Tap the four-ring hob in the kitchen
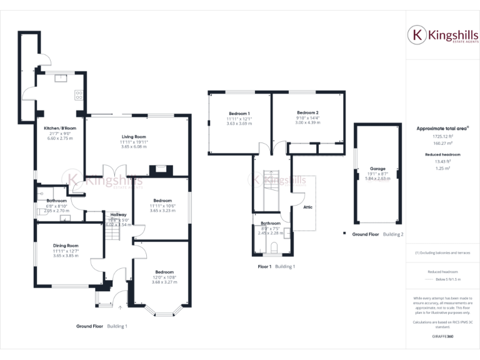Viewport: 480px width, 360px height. coord(79,95)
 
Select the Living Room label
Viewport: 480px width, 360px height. coord(133,136)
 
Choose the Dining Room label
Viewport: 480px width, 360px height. coord(66,246)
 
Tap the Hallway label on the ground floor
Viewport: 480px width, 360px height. coord(119,214)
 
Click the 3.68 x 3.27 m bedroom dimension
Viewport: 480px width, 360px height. coord(164,282)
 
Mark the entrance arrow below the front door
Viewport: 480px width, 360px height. coord(119,306)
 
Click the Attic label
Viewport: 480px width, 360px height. coord(307,207)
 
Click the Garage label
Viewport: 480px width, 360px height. coord(377,168)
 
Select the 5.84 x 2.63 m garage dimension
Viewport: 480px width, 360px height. coord(377,178)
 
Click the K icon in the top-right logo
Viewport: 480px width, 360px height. coord(416,36)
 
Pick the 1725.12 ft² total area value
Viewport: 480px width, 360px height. coord(442,136)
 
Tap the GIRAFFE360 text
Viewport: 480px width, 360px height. coord(442,336)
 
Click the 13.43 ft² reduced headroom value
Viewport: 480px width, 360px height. coord(442,161)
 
